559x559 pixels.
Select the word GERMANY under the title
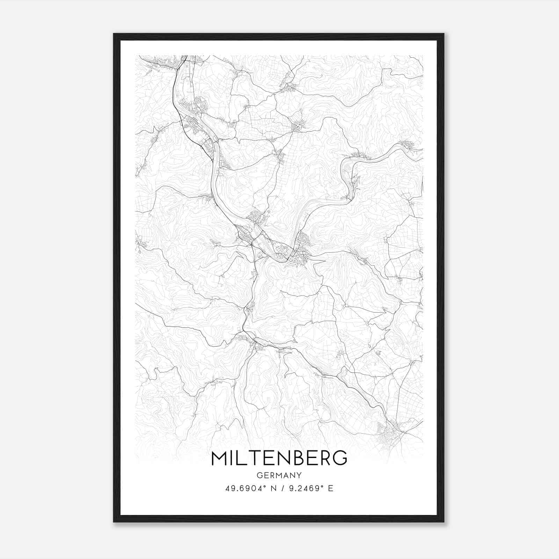tap(279, 475)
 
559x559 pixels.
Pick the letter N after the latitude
tap(274, 488)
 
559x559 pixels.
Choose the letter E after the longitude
tap(331, 488)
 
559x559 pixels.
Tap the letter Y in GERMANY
tap(299, 475)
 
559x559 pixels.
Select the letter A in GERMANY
tap(286, 475)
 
